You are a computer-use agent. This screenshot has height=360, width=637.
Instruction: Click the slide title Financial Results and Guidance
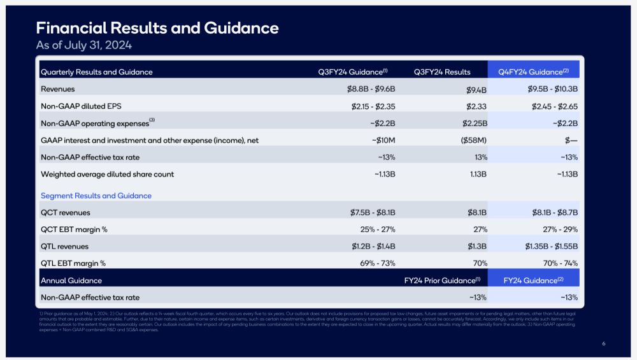point(157,28)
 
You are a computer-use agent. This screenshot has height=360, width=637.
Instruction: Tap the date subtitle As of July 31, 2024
point(83,45)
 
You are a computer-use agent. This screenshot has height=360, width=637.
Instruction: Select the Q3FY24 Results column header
point(442,72)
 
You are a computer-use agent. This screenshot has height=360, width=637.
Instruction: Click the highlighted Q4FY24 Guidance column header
point(533,72)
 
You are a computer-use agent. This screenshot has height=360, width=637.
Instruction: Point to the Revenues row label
point(58,89)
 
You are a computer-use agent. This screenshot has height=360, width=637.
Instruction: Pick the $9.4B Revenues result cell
point(476,90)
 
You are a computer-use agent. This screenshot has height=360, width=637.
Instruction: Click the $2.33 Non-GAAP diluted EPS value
point(476,106)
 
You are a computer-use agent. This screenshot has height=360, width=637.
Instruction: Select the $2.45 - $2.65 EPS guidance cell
point(554,106)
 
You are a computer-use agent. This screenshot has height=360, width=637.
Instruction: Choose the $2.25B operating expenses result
point(475,123)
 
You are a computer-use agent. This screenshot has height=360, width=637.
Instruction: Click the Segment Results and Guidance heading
point(96,196)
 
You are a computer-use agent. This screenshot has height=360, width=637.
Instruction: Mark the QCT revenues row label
point(66,212)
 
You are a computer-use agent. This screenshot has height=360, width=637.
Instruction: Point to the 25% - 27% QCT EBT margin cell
point(378,229)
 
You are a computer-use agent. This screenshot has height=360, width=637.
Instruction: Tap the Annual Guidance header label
point(71,280)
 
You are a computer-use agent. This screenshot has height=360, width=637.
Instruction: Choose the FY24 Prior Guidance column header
point(441,280)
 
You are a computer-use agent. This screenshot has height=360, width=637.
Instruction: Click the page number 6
point(603,344)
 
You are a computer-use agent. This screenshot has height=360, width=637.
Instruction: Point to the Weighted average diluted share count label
point(108,174)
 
